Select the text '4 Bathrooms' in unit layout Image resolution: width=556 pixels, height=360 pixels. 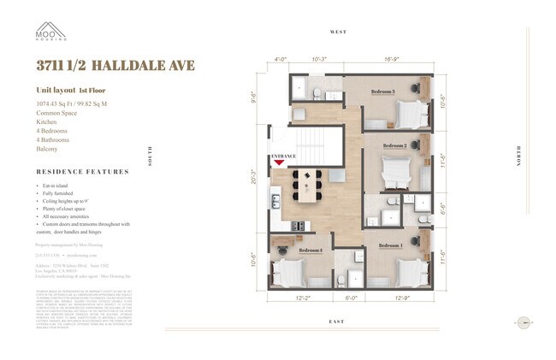pyautogui.click(x=53, y=139)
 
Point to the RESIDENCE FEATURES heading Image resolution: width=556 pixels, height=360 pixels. pyautogui.click(x=82, y=172)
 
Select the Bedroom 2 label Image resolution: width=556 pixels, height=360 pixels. pyautogui.click(x=394, y=146)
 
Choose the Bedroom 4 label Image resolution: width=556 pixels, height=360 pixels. pyautogui.click(x=311, y=250)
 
